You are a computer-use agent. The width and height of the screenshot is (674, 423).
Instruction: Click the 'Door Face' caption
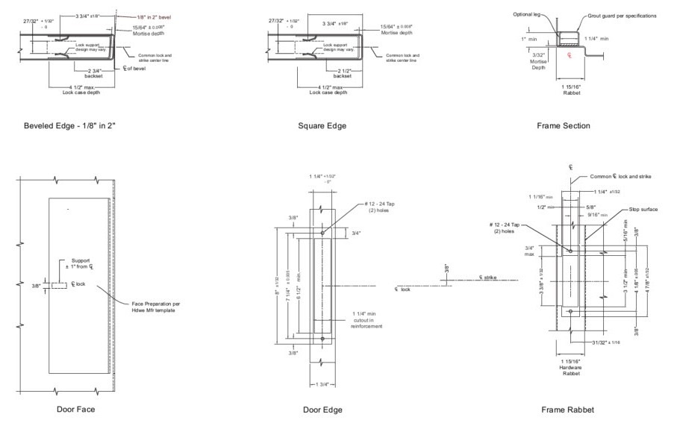(75, 409)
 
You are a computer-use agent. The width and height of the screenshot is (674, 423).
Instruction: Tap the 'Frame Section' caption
(564, 125)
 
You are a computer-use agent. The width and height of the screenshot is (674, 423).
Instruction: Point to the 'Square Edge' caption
(322, 125)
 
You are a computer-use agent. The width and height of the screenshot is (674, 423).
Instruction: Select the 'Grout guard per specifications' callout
(622, 15)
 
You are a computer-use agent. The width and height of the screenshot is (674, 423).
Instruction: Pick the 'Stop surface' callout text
(643, 210)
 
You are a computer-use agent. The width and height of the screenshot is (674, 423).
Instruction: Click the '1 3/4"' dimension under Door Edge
(322, 383)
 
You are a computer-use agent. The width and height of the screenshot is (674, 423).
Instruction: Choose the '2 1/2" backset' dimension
(342, 72)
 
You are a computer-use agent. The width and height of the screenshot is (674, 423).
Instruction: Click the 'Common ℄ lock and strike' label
(620, 177)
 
